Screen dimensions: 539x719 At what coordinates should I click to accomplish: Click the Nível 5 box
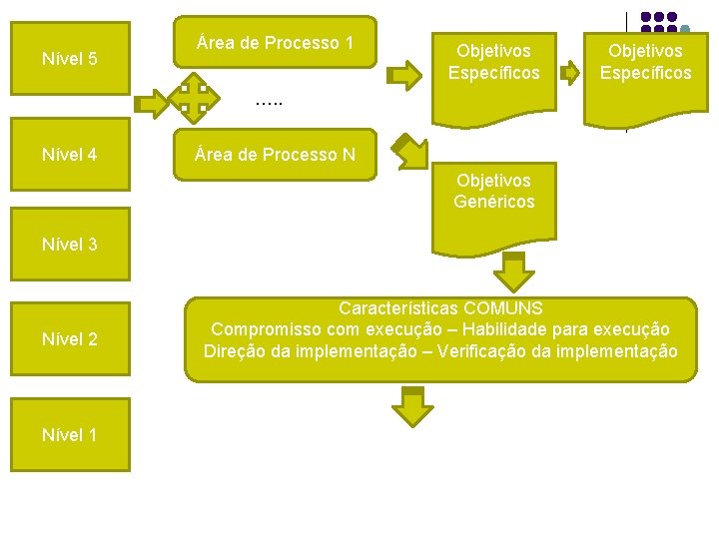(x=70, y=59)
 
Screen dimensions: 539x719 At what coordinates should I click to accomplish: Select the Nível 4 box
(x=70, y=155)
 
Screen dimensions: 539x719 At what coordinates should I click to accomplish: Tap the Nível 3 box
(x=70, y=244)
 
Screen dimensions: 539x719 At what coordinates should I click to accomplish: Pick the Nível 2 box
(x=70, y=339)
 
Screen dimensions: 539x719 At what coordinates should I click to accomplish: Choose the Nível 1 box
(x=70, y=434)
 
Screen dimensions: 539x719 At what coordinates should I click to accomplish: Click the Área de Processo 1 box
(x=276, y=43)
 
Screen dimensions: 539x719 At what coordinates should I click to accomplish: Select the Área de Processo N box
(x=276, y=155)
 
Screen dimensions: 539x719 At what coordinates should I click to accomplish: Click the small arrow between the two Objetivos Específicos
(x=570, y=73)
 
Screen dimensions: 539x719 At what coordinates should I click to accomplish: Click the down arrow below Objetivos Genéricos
(x=513, y=270)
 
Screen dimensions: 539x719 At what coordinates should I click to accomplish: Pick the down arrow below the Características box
(x=411, y=406)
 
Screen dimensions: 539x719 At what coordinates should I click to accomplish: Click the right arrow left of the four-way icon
(x=152, y=103)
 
